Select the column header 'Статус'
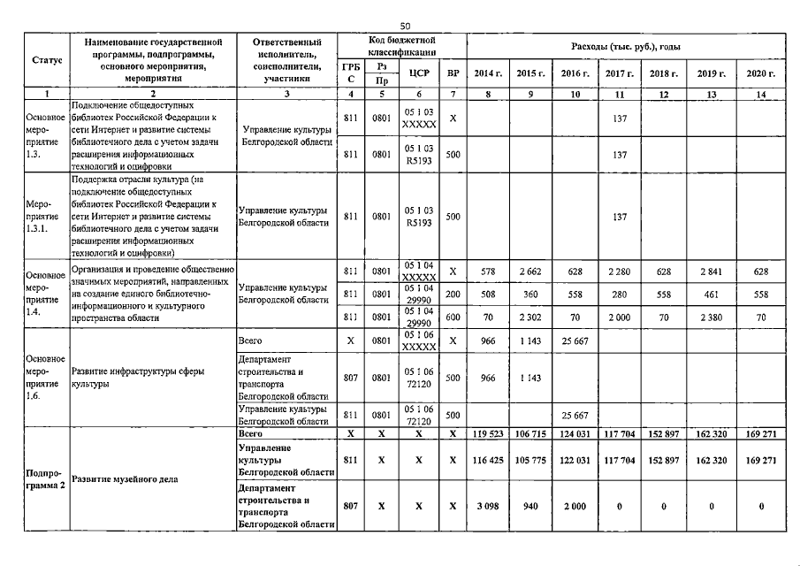[x=46, y=60]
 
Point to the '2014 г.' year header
[x=489, y=73]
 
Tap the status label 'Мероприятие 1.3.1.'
[x=46, y=215]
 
